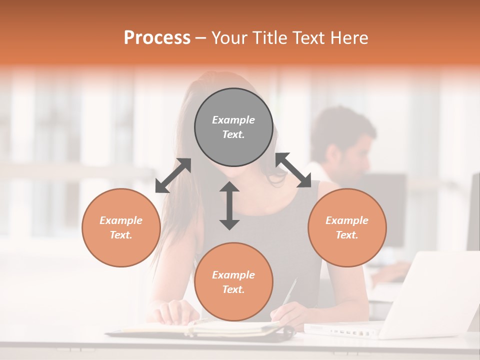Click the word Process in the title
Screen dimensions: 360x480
point(157,38)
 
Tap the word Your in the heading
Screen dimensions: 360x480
point(228,38)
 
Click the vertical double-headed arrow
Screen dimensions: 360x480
point(229,206)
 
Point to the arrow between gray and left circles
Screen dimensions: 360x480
point(173,175)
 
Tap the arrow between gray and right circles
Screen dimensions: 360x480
point(293,170)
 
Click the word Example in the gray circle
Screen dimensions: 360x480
point(233,120)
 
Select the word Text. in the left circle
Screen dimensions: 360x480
point(121,235)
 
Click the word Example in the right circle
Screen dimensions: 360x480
point(347,220)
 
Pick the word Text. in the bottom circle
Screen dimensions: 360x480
point(233,289)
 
